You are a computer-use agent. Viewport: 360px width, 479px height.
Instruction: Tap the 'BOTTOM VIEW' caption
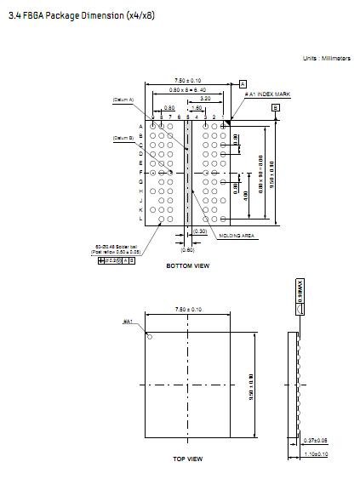pos(187,265)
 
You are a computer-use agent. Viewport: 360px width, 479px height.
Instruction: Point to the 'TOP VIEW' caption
pos(187,459)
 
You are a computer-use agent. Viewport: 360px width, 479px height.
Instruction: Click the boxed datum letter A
pos(243,83)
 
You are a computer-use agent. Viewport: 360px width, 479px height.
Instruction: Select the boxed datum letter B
pos(275,107)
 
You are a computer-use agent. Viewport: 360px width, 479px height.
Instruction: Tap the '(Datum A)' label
pos(124,100)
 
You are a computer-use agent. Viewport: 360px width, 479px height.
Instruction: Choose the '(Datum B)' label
pos(124,137)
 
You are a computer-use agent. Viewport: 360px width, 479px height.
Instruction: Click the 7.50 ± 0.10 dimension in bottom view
pos(187,80)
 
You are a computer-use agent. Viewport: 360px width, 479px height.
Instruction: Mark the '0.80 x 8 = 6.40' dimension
pos(186,89)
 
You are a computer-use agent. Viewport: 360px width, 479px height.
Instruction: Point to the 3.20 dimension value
pos(206,99)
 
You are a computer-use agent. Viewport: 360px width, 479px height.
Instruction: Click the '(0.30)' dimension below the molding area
pos(200,231)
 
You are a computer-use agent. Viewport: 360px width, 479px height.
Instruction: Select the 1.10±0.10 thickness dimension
pos(316,455)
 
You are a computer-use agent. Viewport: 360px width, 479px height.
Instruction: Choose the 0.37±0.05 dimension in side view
pos(316,441)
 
